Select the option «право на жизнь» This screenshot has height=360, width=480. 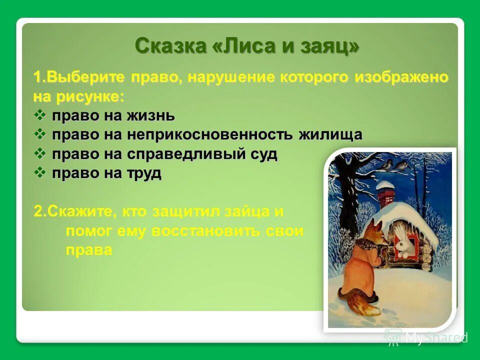coord(113,116)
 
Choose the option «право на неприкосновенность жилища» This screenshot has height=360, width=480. coord(207,135)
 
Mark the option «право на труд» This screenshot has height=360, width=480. coord(106,173)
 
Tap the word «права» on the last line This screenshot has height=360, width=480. coord(88,250)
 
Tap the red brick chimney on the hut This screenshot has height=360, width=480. coord(385,196)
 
